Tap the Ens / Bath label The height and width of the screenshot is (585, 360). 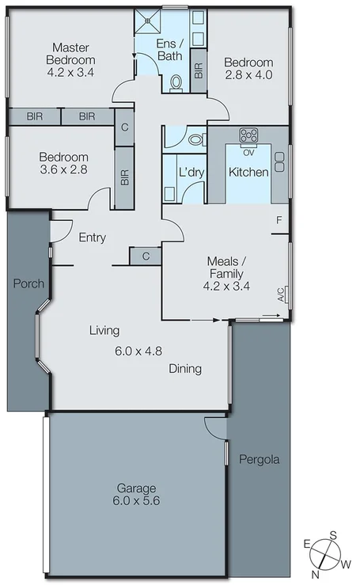[169, 49]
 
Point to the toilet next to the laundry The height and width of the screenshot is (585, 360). [195, 139]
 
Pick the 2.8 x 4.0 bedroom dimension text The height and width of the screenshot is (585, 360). [248, 77]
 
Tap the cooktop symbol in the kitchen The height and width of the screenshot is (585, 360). [248, 135]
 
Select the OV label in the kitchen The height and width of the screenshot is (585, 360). [248, 152]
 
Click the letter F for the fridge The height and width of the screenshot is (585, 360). [279, 219]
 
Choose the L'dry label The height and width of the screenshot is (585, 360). [190, 172]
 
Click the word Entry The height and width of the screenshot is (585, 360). [93, 237]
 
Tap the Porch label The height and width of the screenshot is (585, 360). [28, 283]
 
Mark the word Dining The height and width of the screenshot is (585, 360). [185, 368]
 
